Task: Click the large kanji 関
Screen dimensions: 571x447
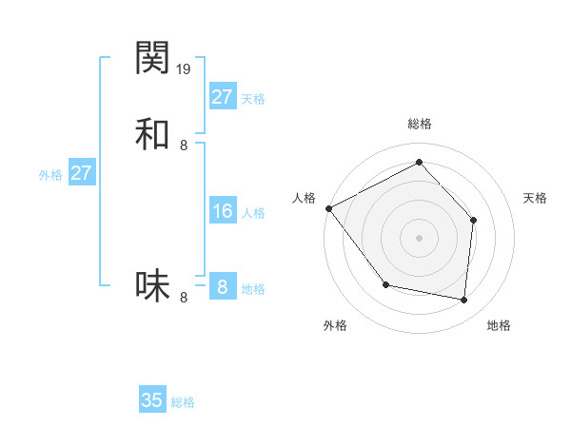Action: [x=152, y=59]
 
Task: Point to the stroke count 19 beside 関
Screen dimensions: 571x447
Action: [x=184, y=68]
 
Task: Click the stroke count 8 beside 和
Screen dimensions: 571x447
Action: [x=184, y=145]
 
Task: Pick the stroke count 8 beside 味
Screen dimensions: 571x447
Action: [x=184, y=297]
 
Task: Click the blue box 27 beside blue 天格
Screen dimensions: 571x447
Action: [x=222, y=97]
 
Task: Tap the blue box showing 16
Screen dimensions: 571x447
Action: [x=222, y=211]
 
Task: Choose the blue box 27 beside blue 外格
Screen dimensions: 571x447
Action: [x=81, y=173]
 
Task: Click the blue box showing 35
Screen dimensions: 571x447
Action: [x=152, y=400]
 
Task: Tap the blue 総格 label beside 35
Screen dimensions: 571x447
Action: [x=183, y=402]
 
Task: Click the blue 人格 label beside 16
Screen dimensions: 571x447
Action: [x=253, y=213]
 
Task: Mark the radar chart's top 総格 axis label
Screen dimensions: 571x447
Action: [x=419, y=124]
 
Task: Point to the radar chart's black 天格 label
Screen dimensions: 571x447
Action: [x=535, y=198]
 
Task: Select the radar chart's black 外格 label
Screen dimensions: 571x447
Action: [x=335, y=325]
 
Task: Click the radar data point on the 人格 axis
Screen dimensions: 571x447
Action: [x=328, y=208]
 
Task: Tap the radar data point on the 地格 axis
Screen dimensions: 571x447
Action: [x=463, y=300]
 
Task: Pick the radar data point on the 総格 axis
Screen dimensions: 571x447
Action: [x=419, y=163]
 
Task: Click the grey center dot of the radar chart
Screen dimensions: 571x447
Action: [x=419, y=237]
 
